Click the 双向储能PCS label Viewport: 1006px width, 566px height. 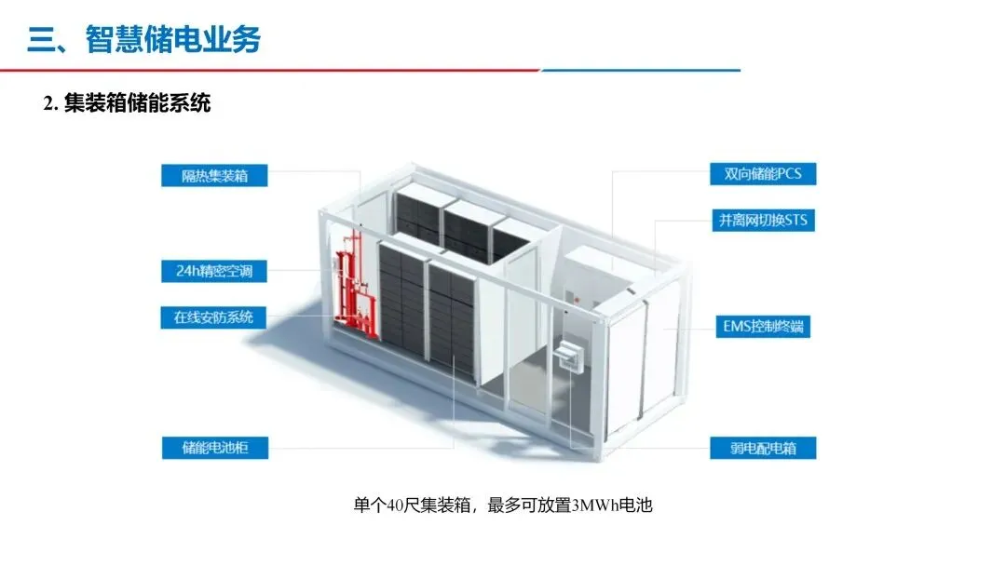(x=755, y=174)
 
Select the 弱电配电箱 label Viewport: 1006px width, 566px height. (x=755, y=447)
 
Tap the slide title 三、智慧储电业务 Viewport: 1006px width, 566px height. (x=144, y=39)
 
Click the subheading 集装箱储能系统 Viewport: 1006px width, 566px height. (x=138, y=103)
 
